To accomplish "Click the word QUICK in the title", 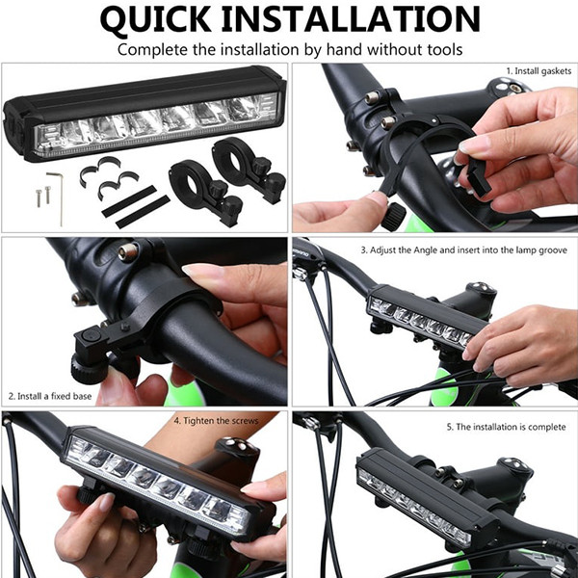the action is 155,19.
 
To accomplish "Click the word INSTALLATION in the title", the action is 351,18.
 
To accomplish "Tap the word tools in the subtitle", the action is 445,50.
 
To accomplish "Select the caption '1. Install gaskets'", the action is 539,71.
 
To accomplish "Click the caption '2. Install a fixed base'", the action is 50,396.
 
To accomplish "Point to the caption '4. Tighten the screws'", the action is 216,421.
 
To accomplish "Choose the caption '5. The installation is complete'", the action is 506,427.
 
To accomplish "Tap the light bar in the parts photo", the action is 145,114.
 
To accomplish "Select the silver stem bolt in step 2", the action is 128,252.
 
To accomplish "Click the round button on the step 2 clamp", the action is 91,336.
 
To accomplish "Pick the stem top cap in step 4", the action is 237,445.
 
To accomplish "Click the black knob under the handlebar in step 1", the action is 394,217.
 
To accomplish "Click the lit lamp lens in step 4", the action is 156,484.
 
